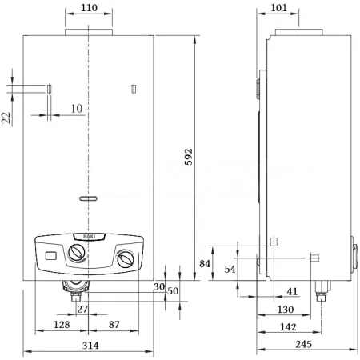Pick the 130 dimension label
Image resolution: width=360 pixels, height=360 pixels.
pos(282,309)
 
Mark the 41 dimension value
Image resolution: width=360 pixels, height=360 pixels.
pos(292,292)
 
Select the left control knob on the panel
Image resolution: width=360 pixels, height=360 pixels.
pos(77,254)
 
